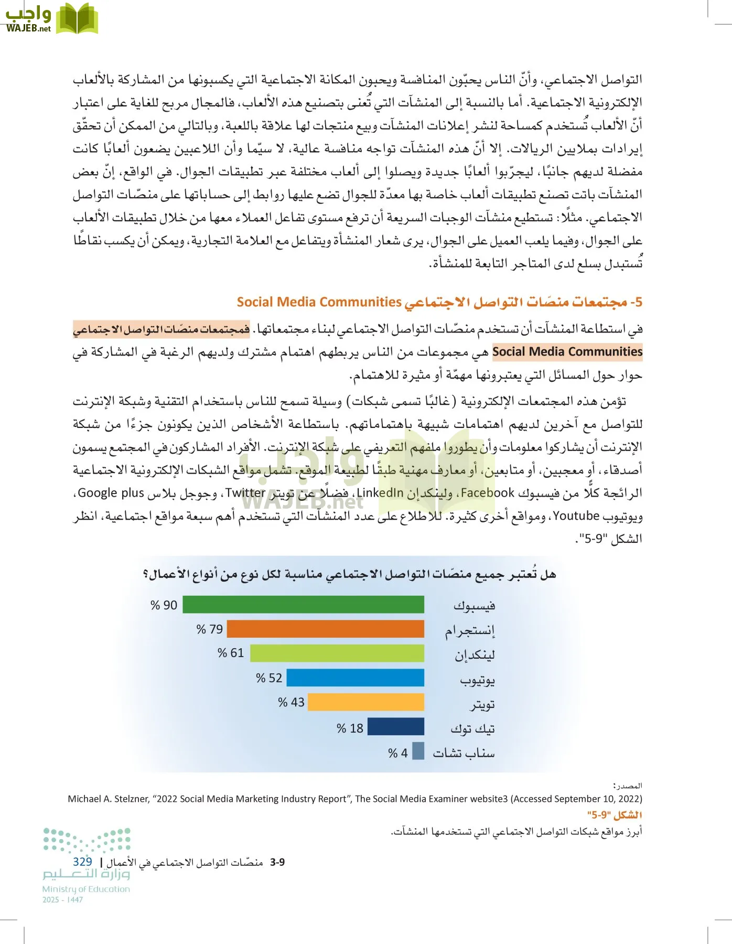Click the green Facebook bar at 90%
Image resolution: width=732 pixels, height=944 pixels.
click(x=303, y=605)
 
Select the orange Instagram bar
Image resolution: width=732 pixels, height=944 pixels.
click(x=325, y=629)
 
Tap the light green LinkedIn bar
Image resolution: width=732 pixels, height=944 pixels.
click(x=337, y=653)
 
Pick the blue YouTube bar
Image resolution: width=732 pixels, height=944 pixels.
click(x=355, y=678)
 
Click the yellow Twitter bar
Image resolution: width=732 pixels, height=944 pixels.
click(x=365, y=702)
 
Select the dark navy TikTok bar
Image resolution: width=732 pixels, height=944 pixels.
click(x=395, y=727)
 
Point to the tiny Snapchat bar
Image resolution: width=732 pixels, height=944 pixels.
click(x=418, y=751)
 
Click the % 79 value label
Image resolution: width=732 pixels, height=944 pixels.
click(x=209, y=629)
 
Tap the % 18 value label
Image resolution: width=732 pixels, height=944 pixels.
click(x=350, y=728)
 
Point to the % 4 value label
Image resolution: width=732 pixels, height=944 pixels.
click(x=397, y=753)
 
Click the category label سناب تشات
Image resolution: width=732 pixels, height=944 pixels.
click(x=464, y=753)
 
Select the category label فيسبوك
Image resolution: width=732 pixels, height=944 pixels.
click(x=474, y=606)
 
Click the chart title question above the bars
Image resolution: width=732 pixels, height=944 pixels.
click(x=350, y=574)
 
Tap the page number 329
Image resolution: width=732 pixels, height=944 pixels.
click(x=82, y=862)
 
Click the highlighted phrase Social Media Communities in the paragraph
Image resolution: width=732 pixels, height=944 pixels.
click(x=567, y=352)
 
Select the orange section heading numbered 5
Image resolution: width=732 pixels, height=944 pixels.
click(x=439, y=302)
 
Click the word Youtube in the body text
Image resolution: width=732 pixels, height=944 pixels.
click(x=576, y=516)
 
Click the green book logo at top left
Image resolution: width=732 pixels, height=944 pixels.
click(x=77, y=19)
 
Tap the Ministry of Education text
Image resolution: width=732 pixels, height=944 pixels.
click(x=86, y=889)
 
